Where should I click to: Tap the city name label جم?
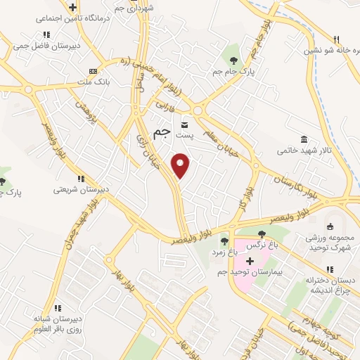[162, 130]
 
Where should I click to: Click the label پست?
[184, 132]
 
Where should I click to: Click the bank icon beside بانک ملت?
[93, 71]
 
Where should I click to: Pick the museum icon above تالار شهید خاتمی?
[302, 138]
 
